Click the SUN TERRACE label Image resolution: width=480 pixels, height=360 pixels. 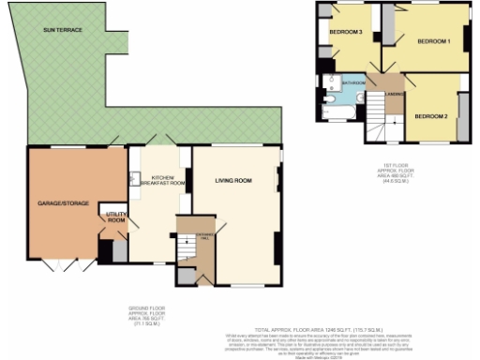(63, 31)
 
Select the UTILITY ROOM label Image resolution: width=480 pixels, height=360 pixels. (115, 217)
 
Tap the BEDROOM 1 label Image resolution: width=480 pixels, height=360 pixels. (434, 41)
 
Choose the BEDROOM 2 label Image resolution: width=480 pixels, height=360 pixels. (430, 115)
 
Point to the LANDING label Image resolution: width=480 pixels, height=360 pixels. (395, 91)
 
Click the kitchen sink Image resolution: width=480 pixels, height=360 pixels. (136, 177)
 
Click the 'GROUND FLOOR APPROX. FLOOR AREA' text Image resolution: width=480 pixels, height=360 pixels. (145, 315)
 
